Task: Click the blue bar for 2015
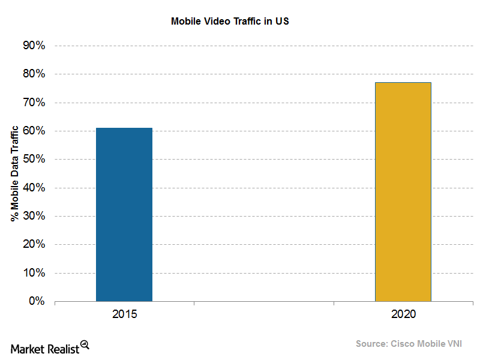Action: tap(124, 214)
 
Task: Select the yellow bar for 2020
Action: tap(403, 191)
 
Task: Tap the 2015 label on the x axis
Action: tap(124, 314)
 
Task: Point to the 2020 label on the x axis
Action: tap(403, 314)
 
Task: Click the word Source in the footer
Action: tap(372, 344)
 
